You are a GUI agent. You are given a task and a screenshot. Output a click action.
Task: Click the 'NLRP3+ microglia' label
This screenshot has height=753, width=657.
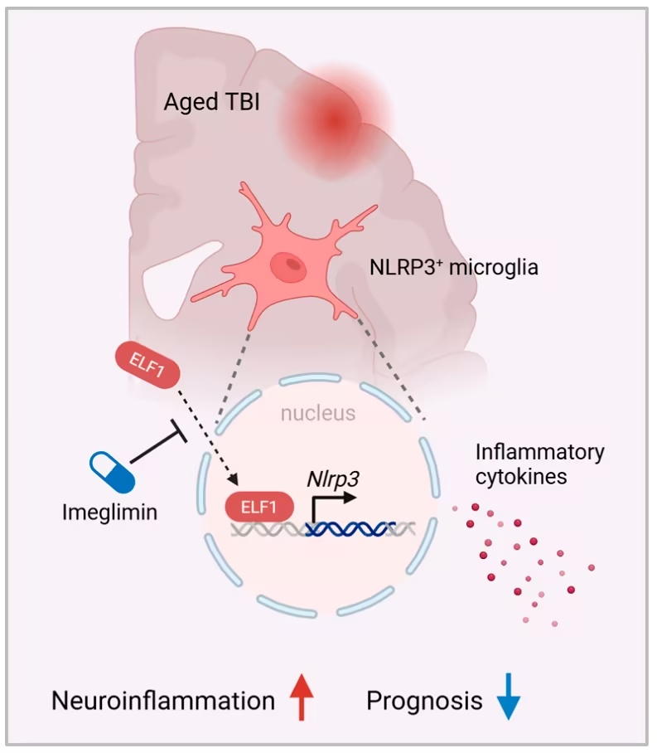click(453, 268)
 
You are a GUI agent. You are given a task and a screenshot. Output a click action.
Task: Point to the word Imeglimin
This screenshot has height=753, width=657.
click(109, 512)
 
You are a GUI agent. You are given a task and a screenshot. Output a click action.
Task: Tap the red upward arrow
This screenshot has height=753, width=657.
click(303, 701)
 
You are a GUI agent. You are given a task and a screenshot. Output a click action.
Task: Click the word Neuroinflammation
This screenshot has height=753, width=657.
click(163, 701)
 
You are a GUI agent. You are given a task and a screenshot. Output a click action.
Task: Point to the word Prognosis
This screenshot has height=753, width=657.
click(424, 701)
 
